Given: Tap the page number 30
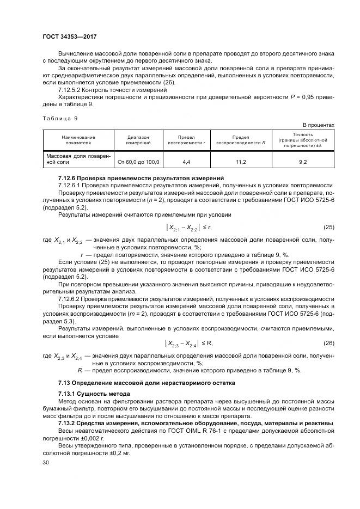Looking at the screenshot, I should point(46,462).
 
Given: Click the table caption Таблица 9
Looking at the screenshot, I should point(60,118).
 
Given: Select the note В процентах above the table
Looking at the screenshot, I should point(319,125).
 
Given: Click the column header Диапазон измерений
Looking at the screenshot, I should point(138,140).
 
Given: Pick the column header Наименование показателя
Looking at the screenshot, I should point(78,140).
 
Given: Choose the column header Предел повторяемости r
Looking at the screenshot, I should point(187,140).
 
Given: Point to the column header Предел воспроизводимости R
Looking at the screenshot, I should point(240,140).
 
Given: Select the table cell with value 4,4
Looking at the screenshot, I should point(187,162).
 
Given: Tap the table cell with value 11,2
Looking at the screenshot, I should point(240,162).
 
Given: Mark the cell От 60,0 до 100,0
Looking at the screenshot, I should point(138,162).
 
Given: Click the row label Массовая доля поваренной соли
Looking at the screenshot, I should point(78,159).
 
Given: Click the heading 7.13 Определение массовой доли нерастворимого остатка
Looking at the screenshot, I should point(147,383).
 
